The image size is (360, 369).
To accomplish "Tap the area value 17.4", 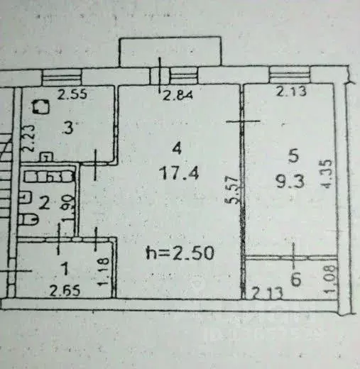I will pos(176,172).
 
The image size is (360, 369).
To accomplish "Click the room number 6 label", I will pos(296,280).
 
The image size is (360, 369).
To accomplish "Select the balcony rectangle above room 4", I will pos(171,52).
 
